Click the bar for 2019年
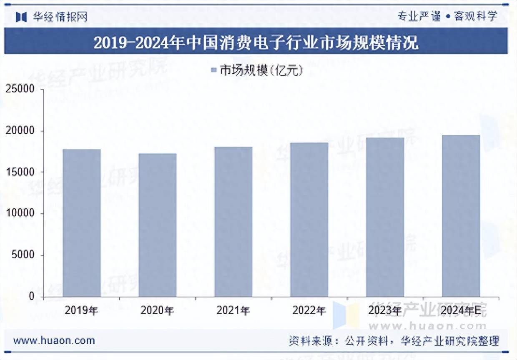[82, 223]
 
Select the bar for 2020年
[158, 225]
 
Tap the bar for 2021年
[233, 222]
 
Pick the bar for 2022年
[309, 220]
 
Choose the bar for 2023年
[385, 217]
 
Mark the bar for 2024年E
[461, 216]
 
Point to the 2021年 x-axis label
[233, 310]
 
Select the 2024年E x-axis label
[461, 310]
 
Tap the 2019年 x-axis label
[82, 310]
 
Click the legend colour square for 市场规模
[213, 70]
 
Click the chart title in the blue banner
[256, 42]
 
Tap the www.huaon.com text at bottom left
[54, 340]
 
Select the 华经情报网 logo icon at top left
[21, 17]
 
